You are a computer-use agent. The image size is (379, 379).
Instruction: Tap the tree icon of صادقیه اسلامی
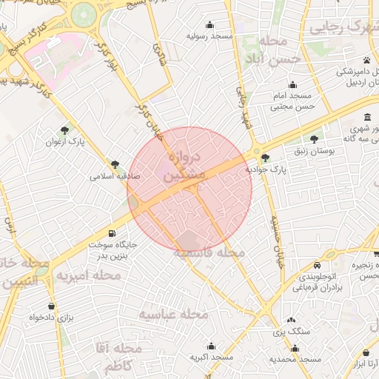point(115,164)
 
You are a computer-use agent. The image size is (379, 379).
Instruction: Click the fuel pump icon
point(112,232)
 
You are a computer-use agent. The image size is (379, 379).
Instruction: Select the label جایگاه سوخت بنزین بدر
point(111,249)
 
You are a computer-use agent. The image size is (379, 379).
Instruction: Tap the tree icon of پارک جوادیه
point(266,157)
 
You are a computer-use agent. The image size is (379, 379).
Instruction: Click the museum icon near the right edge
point(368,118)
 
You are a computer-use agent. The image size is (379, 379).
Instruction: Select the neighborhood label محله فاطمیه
point(209,253)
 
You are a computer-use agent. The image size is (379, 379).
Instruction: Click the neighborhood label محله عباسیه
point(174,315)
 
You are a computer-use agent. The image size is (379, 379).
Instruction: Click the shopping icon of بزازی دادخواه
point(50,306)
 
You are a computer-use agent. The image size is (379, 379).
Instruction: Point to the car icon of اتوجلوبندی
point(317,265)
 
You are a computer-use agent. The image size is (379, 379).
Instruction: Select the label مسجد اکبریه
point(211,357)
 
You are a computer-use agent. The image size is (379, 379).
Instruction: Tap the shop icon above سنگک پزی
point(289,321)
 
